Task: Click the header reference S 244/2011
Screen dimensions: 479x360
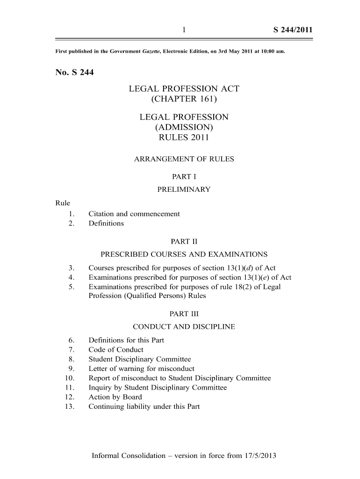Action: [293, 31]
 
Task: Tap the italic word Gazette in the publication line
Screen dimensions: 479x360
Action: [151, 51]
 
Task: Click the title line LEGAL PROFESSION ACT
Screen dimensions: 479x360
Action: [184, 89]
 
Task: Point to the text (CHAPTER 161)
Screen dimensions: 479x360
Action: [184, 99]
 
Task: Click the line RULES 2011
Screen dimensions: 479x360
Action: [184, 138]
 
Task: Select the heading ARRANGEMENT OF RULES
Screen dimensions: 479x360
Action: [184, 159]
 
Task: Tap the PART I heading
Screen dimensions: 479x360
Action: [184, 177]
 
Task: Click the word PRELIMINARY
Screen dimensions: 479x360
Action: [184, 189]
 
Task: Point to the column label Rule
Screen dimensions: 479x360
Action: [63, 203]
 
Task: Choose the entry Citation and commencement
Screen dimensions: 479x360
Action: [134, 214]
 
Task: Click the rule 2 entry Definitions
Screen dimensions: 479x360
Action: [106, 223]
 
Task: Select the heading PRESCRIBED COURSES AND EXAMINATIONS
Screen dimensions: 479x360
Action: [184, 254]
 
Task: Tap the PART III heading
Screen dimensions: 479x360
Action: [184, 314]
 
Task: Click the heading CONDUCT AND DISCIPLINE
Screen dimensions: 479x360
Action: [184, 327]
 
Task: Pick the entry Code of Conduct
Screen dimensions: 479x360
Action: [116, 349]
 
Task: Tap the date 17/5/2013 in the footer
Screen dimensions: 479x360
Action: [259, 455]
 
